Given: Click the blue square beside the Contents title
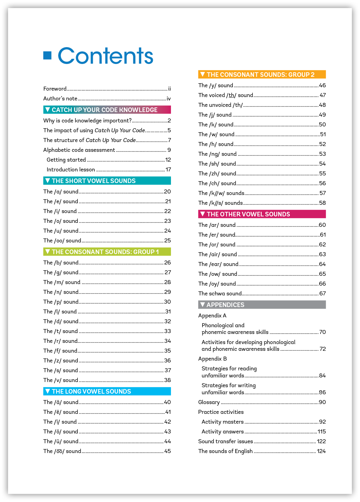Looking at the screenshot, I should (47, 55).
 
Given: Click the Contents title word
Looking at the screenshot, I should (105, 56).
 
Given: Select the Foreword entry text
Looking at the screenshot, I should (55, 89).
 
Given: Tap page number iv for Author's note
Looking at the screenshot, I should (169, 99).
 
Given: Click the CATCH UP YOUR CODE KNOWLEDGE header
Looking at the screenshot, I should (104, 110).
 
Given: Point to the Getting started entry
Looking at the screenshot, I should (66, 160).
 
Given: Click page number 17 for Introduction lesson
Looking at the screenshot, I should (168, 170).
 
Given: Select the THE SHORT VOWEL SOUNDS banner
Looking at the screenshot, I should (93, 181).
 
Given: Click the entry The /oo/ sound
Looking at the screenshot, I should (62, 241).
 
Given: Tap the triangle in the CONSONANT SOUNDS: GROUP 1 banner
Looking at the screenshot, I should (47, 252).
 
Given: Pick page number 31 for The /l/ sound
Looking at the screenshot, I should (168, 312).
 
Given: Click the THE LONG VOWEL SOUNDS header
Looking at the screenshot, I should (91, 391).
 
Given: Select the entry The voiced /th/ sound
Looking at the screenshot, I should (226, 95).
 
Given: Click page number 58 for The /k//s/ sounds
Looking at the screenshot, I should (322, 203).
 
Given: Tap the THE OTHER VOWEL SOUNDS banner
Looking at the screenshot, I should (248, 214).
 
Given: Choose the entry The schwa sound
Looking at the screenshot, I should (220, 294).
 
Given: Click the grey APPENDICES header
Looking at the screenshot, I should (225, 305).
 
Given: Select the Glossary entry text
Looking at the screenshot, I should (209, 402).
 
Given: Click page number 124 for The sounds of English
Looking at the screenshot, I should (321, 451).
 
